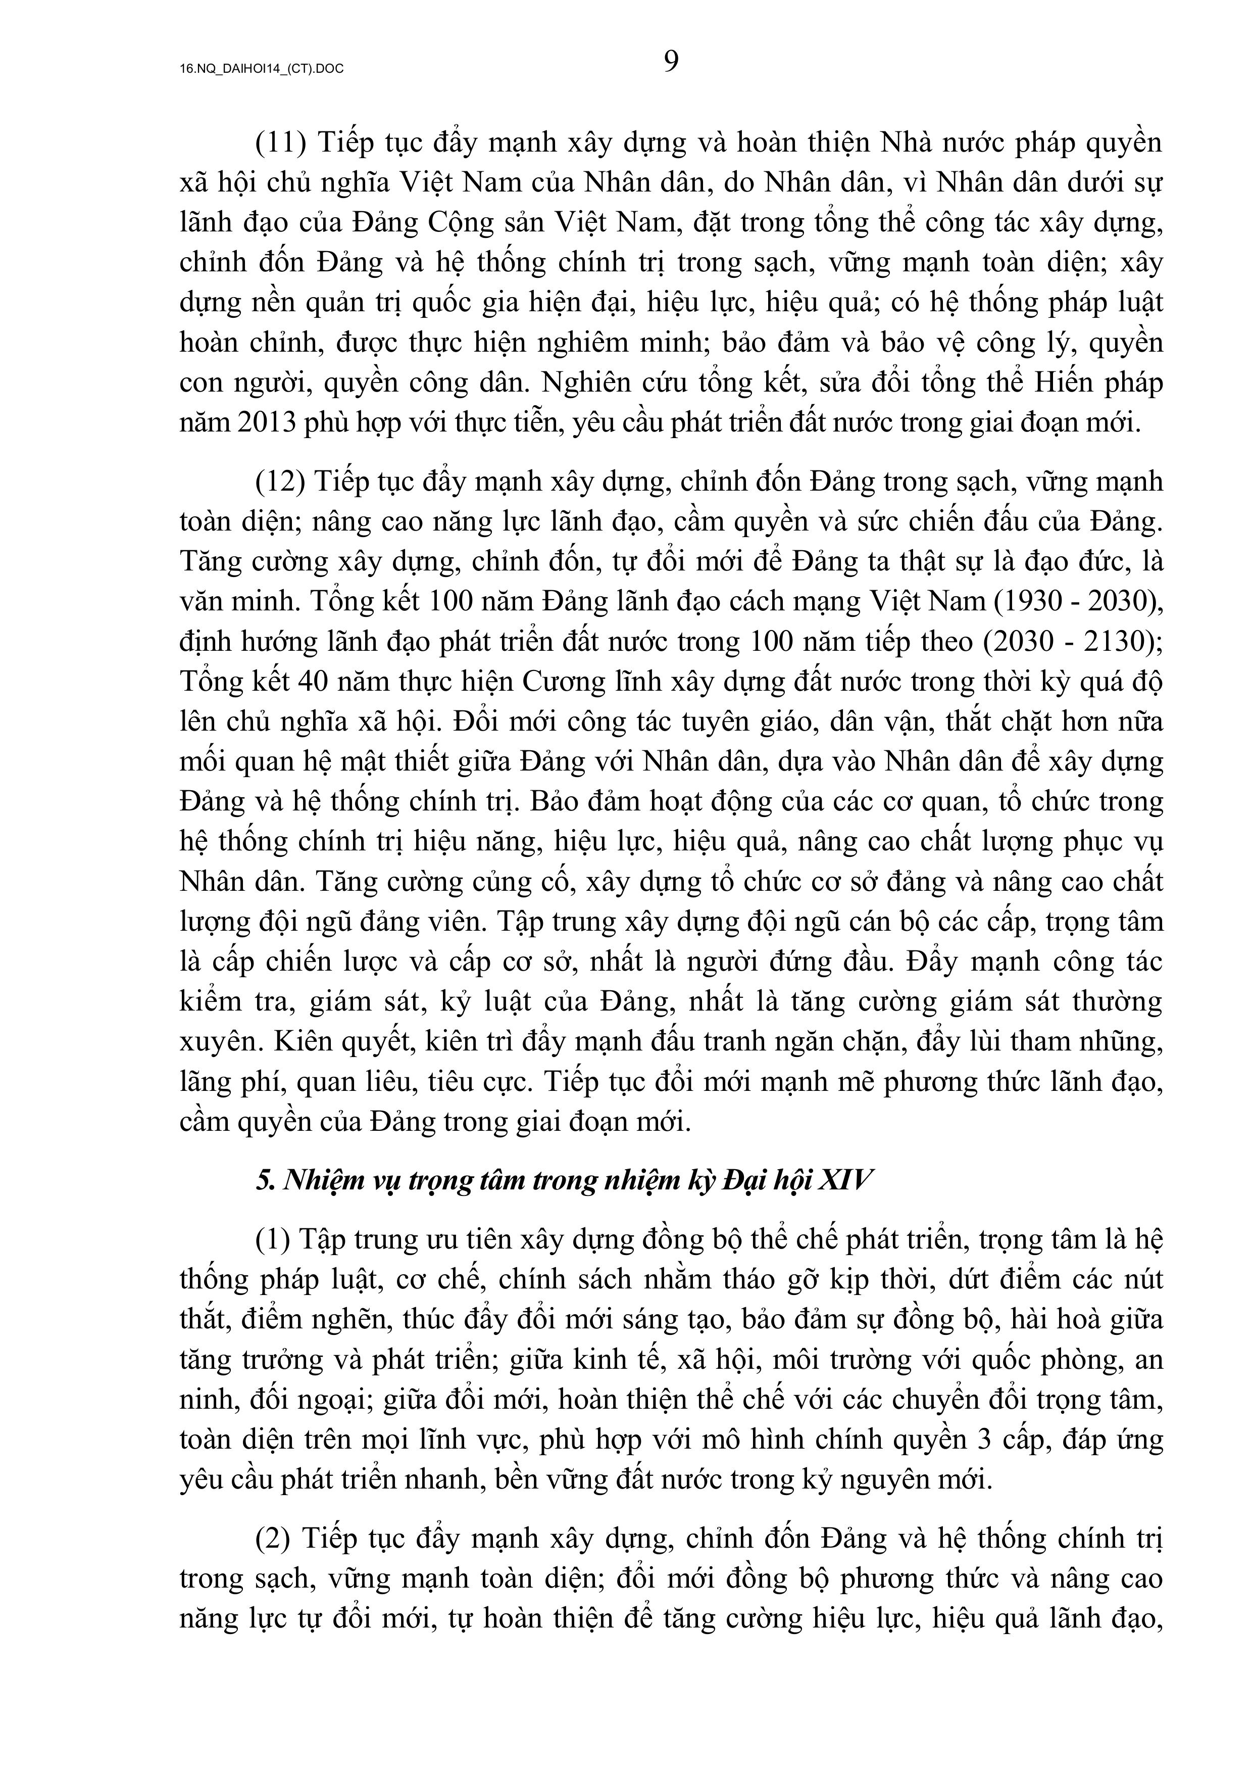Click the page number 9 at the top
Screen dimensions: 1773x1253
point(671,61)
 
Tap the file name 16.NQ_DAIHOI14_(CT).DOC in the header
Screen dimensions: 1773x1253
point(262,69)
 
